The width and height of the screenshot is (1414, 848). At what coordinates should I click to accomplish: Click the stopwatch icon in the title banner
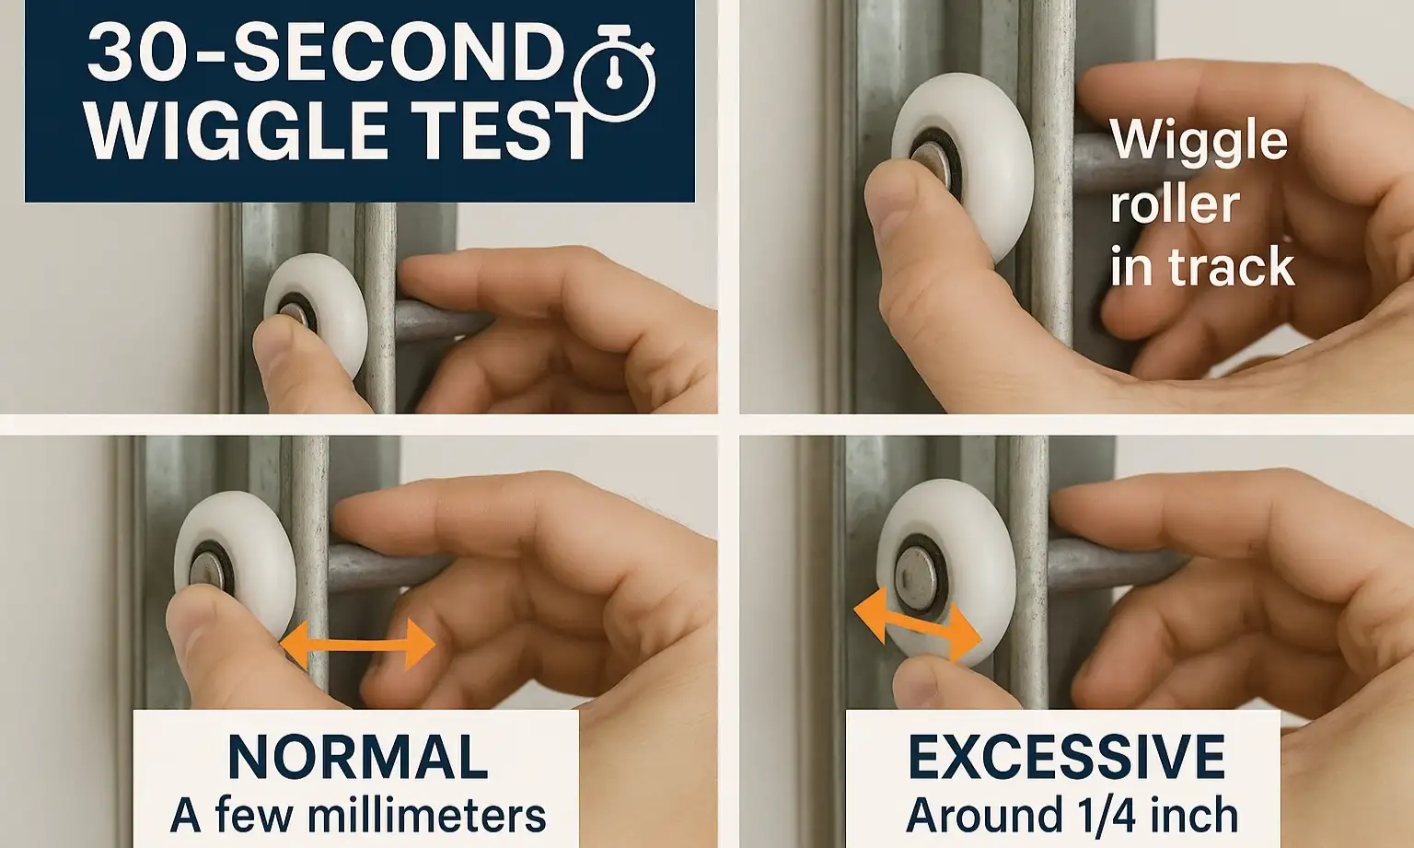coord(614,80)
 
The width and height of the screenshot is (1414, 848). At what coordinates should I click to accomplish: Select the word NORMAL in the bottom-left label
coord(357,757)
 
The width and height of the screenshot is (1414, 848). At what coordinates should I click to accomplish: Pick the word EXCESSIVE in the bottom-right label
coord(1066,757)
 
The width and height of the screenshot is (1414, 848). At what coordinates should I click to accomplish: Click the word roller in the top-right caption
coord(1175,204)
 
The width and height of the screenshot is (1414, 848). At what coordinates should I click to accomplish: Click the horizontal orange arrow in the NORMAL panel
coord(357,644)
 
